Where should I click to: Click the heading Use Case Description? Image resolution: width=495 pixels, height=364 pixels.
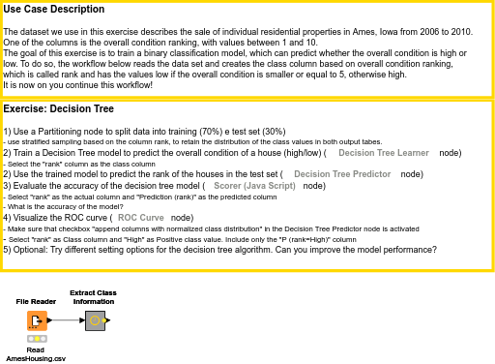click(x=55, y=10)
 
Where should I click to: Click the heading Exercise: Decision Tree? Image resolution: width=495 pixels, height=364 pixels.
click(x=58, y=109)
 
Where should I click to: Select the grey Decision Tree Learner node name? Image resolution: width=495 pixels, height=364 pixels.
click(x=384, y=153)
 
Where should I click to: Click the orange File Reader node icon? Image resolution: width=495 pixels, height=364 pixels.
click(x=37, y=320)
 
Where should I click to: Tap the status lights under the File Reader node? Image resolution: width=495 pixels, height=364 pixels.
click(x=37, y=339)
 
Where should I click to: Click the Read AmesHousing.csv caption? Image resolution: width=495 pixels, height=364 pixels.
click(x=36, y=354)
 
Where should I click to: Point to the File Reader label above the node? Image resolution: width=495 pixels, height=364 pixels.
click(x=36, y=302)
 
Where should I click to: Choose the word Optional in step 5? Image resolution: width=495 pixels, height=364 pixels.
click(x=30, y=249)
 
